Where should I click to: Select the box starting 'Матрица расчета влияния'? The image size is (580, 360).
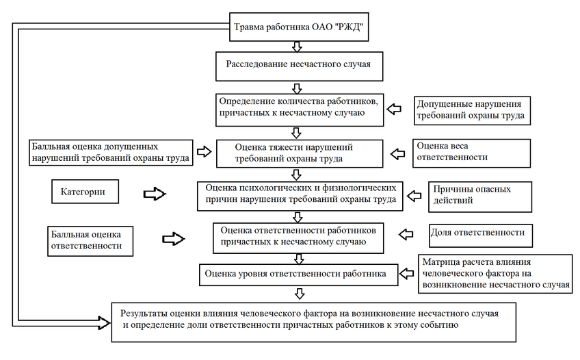(495, 274)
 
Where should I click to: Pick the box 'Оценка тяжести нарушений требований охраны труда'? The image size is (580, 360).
(300, 152)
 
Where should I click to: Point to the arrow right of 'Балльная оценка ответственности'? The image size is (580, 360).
(174, 238)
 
